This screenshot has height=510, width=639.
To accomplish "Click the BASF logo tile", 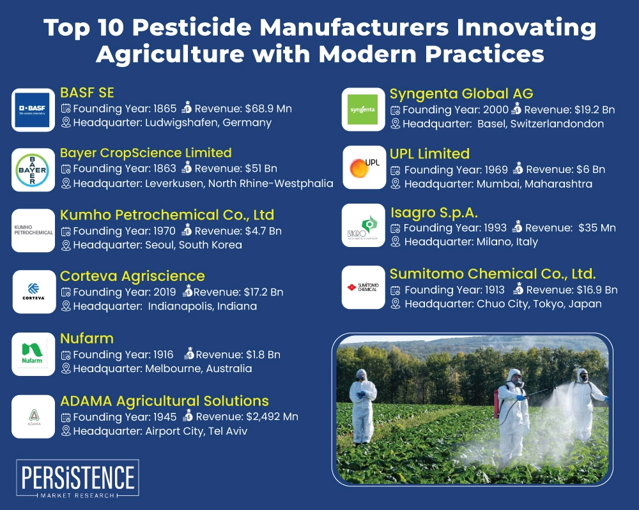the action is [x=33, y=110].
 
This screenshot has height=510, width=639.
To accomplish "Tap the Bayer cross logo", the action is [x=33, y=170].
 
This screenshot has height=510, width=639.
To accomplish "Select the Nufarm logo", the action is [x=33, y=353].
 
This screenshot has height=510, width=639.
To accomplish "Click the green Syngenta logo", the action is [x=363, y=110].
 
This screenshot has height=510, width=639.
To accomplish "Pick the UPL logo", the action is [x=364, y=167].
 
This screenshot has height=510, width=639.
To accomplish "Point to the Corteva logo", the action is [x=34, y=292].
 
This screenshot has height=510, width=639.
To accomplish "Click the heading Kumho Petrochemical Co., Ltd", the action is [x=167, y=215].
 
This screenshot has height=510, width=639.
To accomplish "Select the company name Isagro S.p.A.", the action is [x=434, y=213].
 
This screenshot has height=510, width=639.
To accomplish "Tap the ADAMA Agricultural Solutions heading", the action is [x=164, y=401].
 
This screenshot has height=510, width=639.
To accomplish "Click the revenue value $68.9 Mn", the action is [x=268, y=109].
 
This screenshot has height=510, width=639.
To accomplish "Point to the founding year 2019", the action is [x=164, y=292].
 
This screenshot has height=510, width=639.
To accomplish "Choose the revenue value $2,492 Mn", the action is [x=272, y=417].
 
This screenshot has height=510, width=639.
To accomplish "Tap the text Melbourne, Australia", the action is [x=199, y=368].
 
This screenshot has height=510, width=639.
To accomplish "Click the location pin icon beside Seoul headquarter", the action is [x=66, y=246].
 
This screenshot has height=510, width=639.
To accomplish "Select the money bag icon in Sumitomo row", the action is [x=518, y=289].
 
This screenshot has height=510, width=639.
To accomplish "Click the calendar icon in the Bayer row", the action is [x=66, y=169].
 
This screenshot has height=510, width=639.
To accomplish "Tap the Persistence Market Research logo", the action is [x=77, y=479].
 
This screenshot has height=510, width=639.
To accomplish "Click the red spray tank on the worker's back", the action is [x=497, y=404].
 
